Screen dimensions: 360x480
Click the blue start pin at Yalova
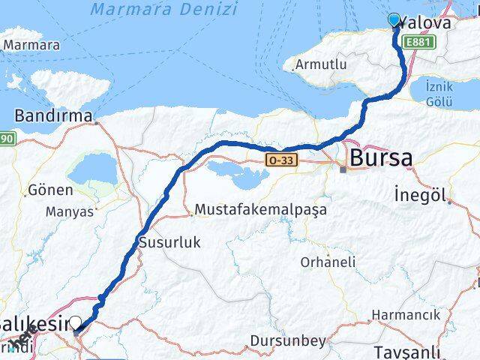coord(395,20)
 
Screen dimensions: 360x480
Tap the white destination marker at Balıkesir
coord(75,323)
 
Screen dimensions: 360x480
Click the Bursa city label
coord(379,158)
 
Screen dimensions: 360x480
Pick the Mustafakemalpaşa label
coord(260,210)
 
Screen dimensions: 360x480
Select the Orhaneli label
coord(328,262)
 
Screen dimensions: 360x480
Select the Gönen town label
coord(51,190)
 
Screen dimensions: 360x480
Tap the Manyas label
coord(70,211)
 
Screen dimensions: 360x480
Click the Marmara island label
coord(31,45)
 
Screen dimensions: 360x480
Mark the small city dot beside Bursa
coord(343,169)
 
